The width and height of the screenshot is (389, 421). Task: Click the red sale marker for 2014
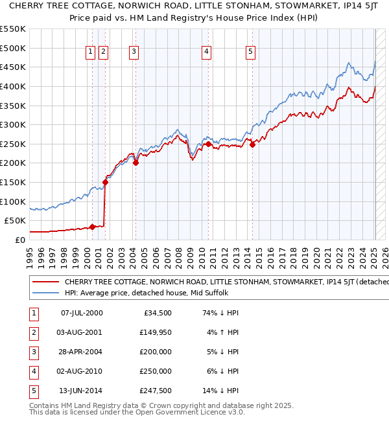253,144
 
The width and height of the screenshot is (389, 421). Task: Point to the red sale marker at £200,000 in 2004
136,163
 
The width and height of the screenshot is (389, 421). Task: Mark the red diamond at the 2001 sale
105,182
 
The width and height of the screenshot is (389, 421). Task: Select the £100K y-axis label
14,201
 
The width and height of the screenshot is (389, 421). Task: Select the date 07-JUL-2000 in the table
82,313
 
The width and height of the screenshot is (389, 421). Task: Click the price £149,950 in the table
155,332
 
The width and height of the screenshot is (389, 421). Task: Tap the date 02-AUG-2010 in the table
82,371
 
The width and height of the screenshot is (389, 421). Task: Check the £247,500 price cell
155,391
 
